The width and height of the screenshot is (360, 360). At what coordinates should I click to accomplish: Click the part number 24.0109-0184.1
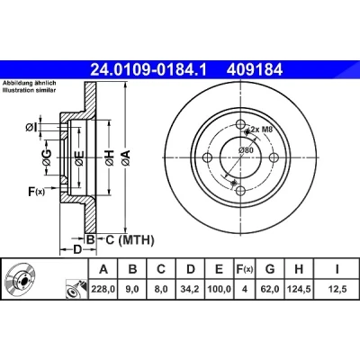coord(148,70)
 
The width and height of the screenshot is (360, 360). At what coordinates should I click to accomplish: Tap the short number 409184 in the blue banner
coord(255,70)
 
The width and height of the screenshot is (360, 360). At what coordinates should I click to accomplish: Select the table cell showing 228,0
coord(103,289)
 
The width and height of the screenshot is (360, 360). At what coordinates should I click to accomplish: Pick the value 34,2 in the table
coord(190,289)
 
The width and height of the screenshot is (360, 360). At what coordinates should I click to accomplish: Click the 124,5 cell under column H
coord(299,289)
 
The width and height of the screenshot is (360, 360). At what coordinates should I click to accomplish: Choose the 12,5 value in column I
coord(337,289)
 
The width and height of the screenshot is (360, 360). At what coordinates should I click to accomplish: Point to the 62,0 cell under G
coord(270,289)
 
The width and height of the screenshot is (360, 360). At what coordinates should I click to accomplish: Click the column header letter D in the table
coord(191,269)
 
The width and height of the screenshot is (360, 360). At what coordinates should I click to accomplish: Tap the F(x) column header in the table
coord(245,269)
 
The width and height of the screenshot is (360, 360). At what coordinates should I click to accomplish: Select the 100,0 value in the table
coord(220,289)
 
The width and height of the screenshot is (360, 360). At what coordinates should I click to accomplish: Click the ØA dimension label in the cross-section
coord(126,157)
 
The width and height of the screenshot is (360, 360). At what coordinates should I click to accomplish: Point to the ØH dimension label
coord(110,157)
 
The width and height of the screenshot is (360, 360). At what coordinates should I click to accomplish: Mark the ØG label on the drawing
coord(47,157)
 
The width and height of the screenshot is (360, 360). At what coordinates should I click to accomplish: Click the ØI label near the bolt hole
coord(31,128)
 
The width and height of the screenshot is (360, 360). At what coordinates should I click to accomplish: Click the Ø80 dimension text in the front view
coord(246,150)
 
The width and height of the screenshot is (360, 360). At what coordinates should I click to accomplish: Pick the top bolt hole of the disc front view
coord(240,124)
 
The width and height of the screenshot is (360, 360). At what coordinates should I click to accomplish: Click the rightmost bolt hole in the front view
coord(274,157)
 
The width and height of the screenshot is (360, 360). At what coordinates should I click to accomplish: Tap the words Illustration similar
coord(30,90)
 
